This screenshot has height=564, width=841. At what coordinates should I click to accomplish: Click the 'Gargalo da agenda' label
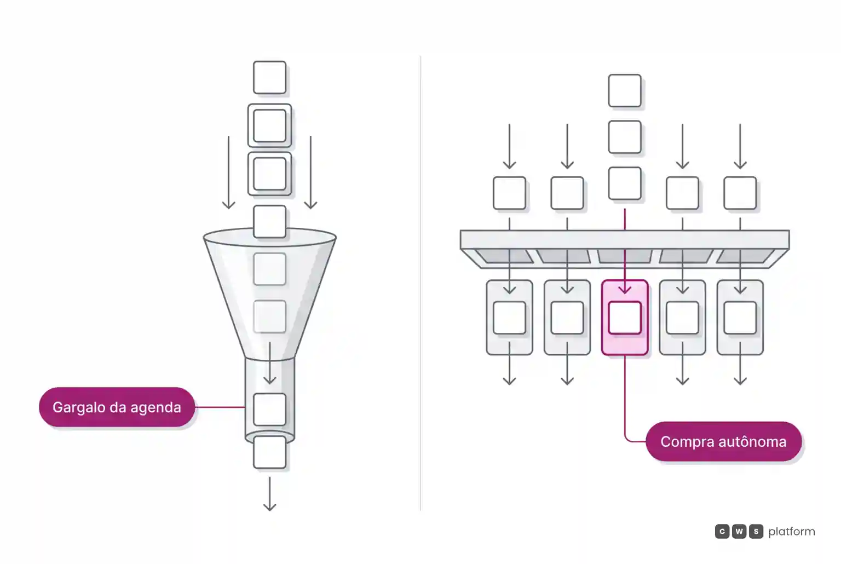[117, 407]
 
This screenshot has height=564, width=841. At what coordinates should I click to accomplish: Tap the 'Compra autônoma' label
[723, 441]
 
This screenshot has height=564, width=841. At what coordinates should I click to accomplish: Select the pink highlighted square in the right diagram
[625, 318]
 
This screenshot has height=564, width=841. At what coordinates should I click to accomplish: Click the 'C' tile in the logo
[722, 531]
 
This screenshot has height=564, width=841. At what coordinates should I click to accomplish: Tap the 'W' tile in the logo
[739, 531]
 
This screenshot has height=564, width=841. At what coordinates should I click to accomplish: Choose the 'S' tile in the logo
[756, 531]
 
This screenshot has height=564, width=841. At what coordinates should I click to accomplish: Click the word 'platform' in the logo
[792, 532]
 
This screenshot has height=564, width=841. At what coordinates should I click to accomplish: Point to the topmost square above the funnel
[269, 77]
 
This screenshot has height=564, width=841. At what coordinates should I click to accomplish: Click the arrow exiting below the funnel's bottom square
[269, 494]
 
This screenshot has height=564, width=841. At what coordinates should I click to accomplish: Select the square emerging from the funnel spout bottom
[269, 452]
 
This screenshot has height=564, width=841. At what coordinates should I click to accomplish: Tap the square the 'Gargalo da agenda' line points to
[269, 409]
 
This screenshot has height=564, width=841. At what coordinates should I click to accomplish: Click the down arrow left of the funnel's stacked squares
[229, 172]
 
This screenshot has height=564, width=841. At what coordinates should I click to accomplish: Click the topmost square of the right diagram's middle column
[625, 90]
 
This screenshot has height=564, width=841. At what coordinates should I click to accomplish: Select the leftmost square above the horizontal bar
[510, 193]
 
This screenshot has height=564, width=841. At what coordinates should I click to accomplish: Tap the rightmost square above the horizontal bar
[740, 193]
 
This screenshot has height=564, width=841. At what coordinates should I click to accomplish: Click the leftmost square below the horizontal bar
[510, 318]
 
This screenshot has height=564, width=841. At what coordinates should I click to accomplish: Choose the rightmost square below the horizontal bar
[740, 318]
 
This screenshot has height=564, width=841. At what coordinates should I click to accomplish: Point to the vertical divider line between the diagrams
[420, 284]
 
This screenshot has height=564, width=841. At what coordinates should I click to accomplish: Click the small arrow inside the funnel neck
[269, 362]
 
